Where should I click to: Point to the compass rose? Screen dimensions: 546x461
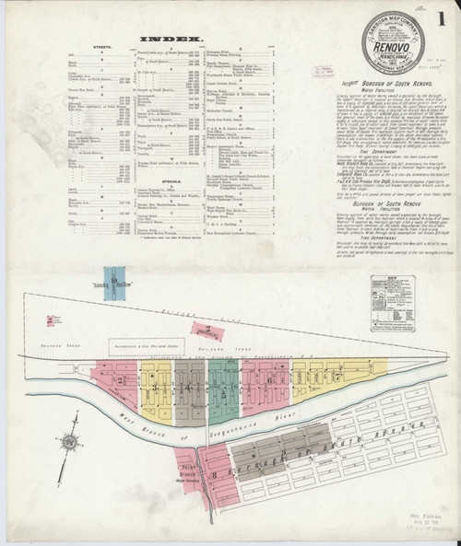pos(69,441)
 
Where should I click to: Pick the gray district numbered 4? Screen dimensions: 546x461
pos(189,387)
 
